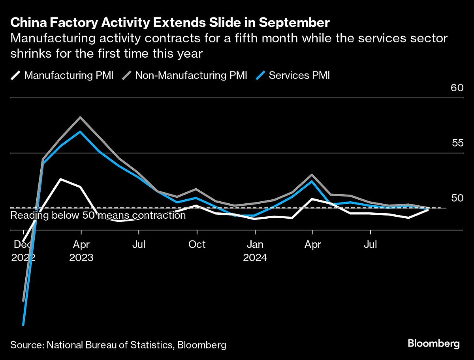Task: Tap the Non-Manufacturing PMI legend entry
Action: tap(185, 75)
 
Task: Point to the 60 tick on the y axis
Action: tap(457, 88)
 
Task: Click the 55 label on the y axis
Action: tap(457, 143)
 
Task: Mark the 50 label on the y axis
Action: tap(457, 198)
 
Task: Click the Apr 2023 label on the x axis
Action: tap(81, 251)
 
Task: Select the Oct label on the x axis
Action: tap(197, 245)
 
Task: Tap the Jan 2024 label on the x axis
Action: tap(255, 251)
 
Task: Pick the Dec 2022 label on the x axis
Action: tap(23, 251)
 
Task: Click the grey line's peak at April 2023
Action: tap(81, 117)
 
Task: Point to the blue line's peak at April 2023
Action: tap(81, 131)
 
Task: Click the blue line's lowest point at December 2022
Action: tap(23, 325)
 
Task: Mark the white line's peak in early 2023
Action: tap(60, 179)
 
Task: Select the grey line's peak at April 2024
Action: tap(312, 174)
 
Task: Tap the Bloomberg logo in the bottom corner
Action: tap(433, 343)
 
